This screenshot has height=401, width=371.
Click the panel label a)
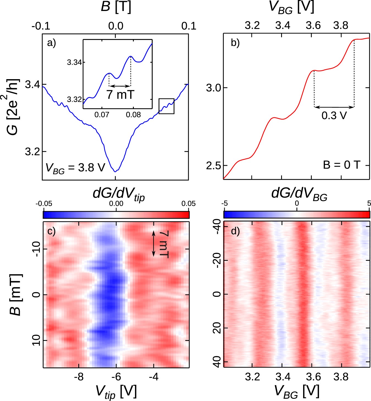tap(51, 43)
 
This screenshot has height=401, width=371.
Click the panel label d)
tap(235, 231)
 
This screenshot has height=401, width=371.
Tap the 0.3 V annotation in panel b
tap(334, 115)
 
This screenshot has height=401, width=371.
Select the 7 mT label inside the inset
tap(120, 94)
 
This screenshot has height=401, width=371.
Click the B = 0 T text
tap(341, 165)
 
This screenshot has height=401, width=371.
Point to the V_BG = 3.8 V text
tap(75, 168)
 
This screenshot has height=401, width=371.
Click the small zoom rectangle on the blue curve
tap(167, 106)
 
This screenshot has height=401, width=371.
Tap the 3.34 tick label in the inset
tap(74, 62)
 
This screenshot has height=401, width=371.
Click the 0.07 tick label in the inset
tap(102, 115)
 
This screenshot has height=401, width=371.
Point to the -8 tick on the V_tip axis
tap(79, 377)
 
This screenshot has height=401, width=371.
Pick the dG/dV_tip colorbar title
tap(119, 194)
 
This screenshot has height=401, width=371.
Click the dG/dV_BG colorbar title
tap(299, 194)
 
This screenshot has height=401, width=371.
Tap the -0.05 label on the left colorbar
tap(44, 204)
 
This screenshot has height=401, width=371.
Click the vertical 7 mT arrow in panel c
tap(154, 244)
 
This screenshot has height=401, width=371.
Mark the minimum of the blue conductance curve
tap(115, 171)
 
